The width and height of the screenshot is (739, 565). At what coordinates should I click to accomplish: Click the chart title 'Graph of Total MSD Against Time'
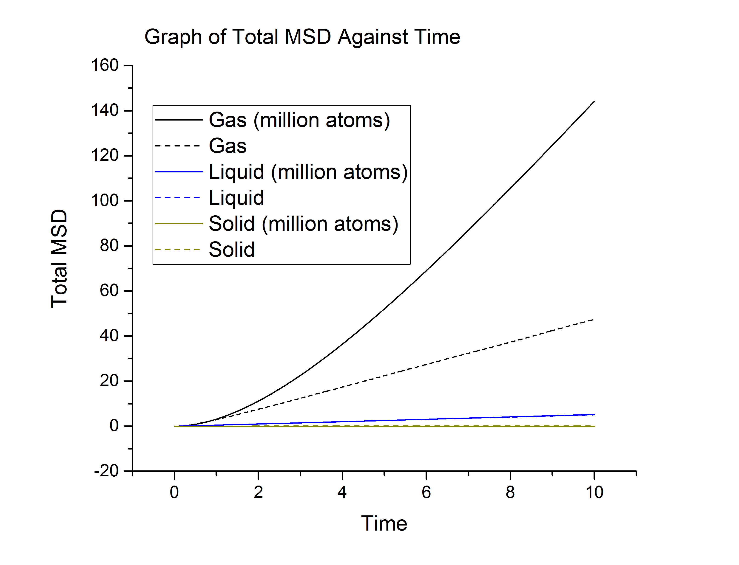pyautogui.click(x=302, y=37)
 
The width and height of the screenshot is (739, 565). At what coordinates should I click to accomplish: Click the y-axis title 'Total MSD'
pyautogui.click(x=60, y=258)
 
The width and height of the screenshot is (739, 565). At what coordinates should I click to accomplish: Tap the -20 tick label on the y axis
pyautogui.click(x=106, y=471)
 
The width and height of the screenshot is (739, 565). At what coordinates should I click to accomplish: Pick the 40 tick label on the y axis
pyautogui.click(x=109, y=336)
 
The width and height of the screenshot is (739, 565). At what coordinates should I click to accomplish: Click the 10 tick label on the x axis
pyautogui.click(x=594, y=493)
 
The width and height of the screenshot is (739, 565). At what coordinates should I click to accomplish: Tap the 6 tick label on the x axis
pyautogui.click(x=426, y=493)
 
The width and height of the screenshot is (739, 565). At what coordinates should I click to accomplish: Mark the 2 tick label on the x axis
pyautogui.click(x=258, y=493)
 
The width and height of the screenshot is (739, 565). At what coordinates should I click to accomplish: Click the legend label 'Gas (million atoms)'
pyautogui.click(x=299, y=120)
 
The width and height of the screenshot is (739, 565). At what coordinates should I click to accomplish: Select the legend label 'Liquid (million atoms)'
pyautogui.click(x=308, y=172)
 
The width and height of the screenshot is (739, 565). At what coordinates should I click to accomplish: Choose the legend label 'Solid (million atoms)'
pyautogui.click(x=303, y=224)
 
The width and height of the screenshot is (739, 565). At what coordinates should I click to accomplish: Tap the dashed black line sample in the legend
pyautogui.click(x=178, y=146)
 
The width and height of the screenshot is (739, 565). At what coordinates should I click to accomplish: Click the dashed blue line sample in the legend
pyautogui.click(x=178, y=198)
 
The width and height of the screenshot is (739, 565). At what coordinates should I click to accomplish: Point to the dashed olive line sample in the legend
pyautogui.click(x=178, y=250)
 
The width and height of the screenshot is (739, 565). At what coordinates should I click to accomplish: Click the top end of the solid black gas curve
pyautogui.click(x=594, y=101)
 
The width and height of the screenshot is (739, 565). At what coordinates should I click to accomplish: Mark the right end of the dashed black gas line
pyautogui.click(x=592, y=320)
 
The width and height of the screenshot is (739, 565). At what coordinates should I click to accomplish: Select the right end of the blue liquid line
pyautogui.click(x=594, y=415)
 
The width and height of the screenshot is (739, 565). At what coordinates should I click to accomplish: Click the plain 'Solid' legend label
pyautogui.click(x=232, y=250)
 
